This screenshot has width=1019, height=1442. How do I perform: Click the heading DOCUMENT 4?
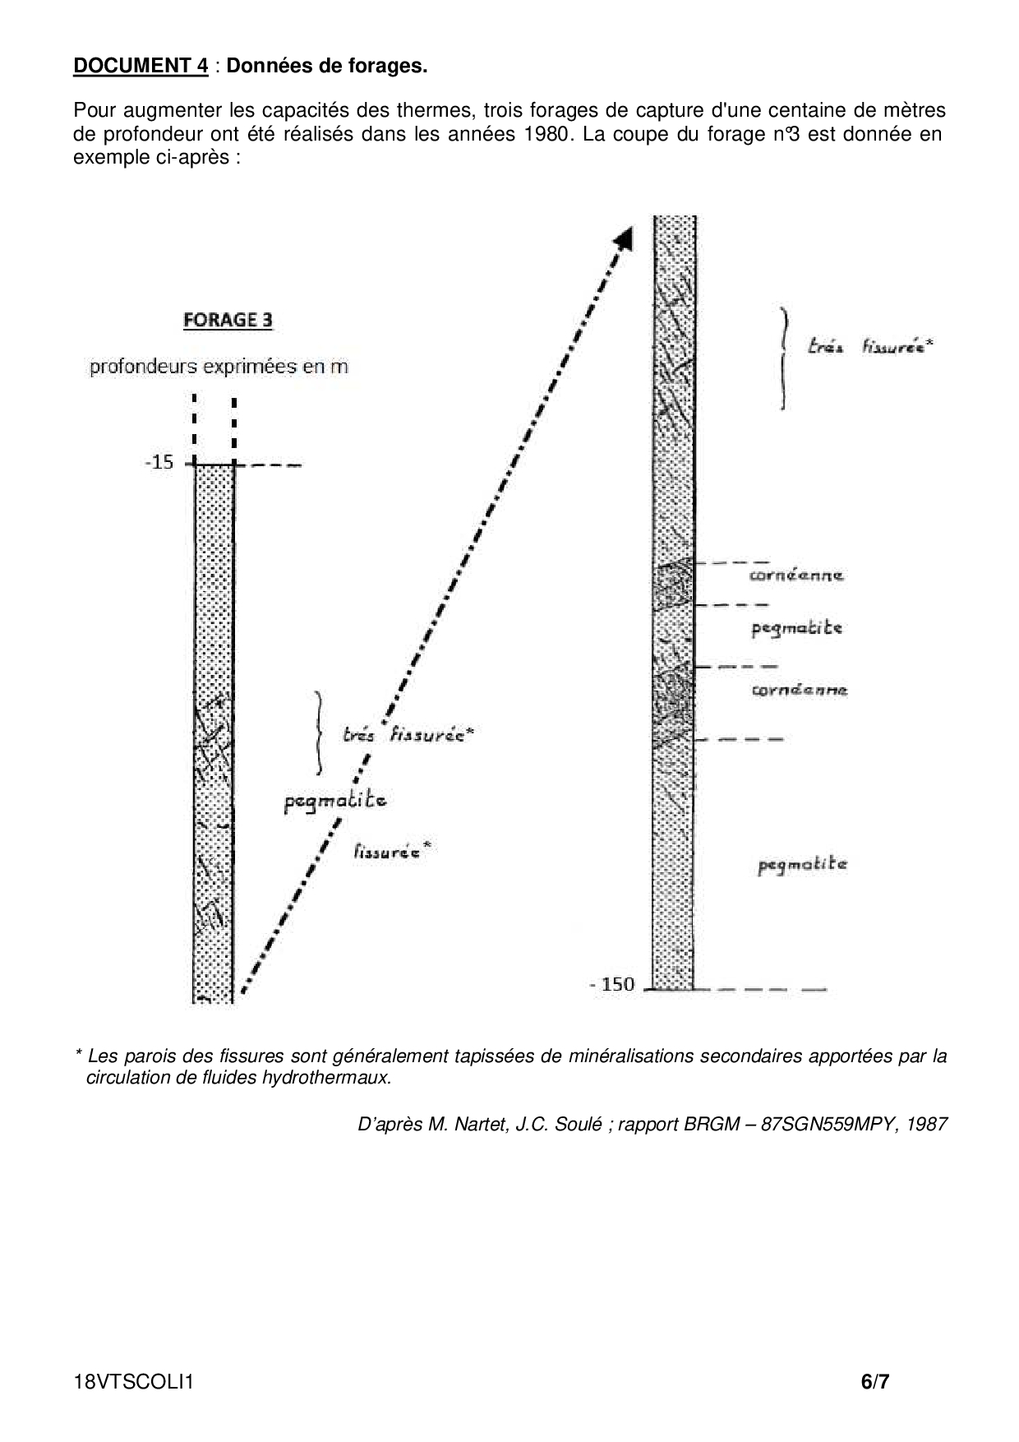click(141, 66)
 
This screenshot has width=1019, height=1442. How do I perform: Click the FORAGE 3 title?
click(228, 320)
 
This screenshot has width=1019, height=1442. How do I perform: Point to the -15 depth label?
click(159, 462)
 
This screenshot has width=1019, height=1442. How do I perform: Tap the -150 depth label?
click(613, 984)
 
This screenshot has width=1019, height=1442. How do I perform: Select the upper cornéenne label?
click(796, 575)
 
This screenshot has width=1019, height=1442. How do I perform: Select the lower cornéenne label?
click(799, 690)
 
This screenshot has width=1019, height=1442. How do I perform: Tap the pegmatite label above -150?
click(802, 864)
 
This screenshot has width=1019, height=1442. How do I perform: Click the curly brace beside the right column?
click(785, 358)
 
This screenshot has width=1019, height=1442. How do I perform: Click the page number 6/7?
click(874, 1382)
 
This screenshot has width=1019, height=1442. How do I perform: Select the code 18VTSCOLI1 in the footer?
click(133, 1382)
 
